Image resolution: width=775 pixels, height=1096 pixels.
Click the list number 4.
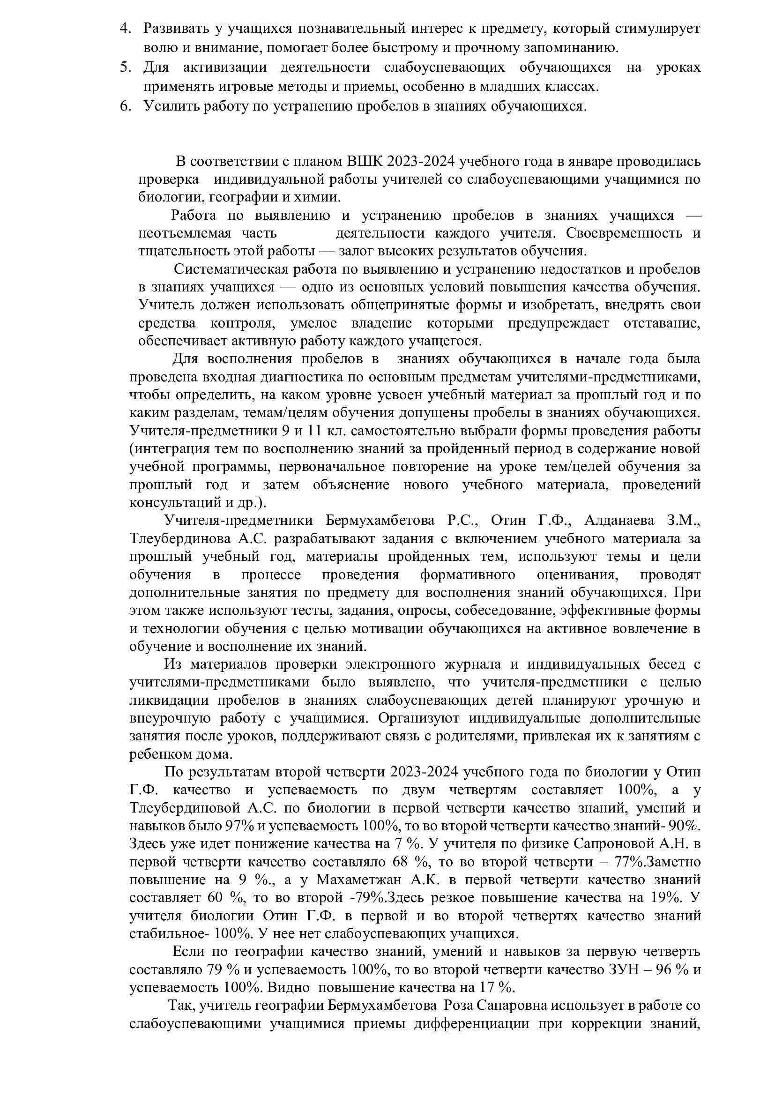(x=125, y=29)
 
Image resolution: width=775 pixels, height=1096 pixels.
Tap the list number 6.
(x=125, y=106)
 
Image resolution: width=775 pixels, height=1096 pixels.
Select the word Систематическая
(x=231, y=269)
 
